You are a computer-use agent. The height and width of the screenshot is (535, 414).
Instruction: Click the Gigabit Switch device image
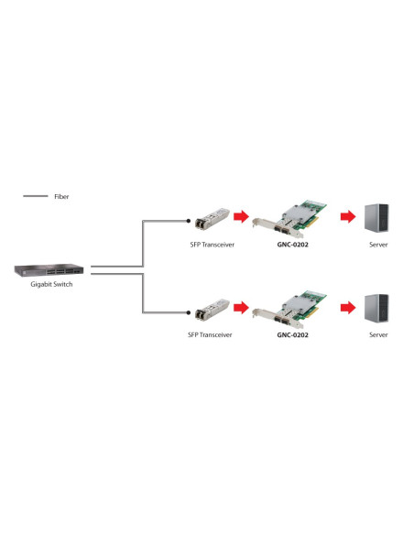(x=49, y=270)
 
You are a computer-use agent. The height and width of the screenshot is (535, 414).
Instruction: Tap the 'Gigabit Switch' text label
(x=51, y=284)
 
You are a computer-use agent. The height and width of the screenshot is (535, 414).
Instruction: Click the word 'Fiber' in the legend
(x=61, y=197)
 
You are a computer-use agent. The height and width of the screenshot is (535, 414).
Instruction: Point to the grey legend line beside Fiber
(x=36, y=196)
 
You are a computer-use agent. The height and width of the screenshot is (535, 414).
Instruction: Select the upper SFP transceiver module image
(x=212, y=218)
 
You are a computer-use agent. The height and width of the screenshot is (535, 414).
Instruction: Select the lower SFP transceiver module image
(x=212, y=310)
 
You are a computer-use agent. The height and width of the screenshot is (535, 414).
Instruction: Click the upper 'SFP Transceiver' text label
(x=212, y=245)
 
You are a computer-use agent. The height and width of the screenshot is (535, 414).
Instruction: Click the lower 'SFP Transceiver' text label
(x=210, y=335)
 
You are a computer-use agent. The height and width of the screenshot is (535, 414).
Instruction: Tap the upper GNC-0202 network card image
(x=289, y=218)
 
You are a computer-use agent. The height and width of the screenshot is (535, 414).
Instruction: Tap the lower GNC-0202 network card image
(x=289, y=309)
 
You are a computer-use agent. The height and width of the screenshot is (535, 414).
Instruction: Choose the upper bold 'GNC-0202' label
(x=292, y=245)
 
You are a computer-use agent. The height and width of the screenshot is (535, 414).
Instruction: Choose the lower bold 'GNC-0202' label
(x=292, y=335)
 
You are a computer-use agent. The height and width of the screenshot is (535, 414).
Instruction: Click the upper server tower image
(x=376, y=218)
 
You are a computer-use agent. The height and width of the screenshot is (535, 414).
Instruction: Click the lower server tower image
(x=376, y=309)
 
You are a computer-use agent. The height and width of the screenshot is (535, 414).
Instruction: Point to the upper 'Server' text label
(x=378, y=245)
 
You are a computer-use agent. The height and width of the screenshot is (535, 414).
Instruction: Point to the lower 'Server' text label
(x=378, y=335)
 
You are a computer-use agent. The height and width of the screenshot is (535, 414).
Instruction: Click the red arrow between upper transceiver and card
(x=241, y=216)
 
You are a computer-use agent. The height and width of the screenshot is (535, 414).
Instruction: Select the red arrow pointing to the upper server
(x=348, y=216)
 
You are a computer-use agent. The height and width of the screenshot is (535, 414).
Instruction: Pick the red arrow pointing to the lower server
(x=348, y=308)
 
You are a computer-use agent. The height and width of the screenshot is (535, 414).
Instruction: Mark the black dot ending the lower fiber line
(x=189, y=312)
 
